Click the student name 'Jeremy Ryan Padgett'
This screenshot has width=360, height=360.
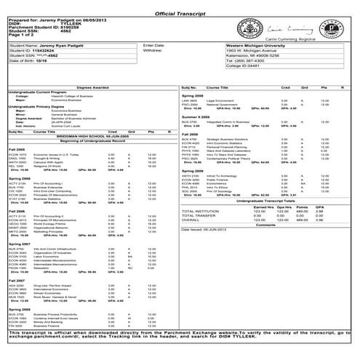pos(73,44)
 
